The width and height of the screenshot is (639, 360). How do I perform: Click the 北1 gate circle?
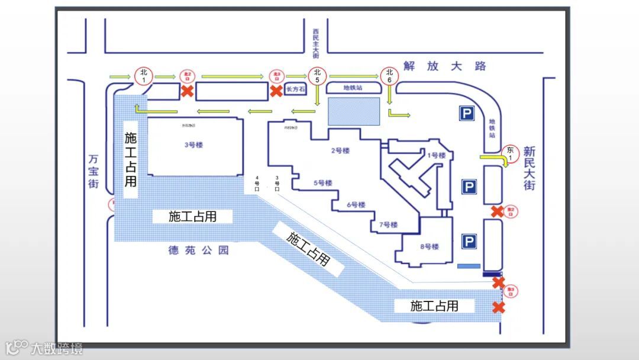click(x=142, y=75)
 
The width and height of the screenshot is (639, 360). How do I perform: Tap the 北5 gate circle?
click(x=317, y=76)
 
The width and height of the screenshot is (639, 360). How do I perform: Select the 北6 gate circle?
click(x=389, y=75)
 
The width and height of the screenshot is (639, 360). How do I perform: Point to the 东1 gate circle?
click(x=509, y=153)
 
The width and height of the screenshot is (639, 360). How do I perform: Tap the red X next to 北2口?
click(x=187, y=91)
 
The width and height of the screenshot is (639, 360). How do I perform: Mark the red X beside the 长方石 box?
click(x=276, y=91)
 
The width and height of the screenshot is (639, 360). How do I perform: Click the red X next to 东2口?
click(x=498, y=211)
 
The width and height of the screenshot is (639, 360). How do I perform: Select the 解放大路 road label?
click(x=444, y=66)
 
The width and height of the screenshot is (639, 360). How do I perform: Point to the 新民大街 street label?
click(x=529, y=168)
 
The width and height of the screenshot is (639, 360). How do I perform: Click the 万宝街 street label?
click(x=93, y=172)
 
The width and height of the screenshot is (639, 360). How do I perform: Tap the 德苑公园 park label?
click(x=198, y=250)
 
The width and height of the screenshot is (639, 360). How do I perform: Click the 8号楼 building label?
click(x=430, y=247)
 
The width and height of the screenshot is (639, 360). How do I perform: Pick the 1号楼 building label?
click(x=436, y=156)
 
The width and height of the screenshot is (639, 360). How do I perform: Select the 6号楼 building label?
click(x=356, y=205)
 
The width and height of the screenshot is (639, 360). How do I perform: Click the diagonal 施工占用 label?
click(x=308, y=249)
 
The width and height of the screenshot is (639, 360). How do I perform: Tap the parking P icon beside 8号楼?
click(x=469, y=242)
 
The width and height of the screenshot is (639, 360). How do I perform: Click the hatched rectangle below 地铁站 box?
click(x=354, y=111)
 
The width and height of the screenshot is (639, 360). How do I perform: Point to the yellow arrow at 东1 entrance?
click(x=490, y=159)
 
